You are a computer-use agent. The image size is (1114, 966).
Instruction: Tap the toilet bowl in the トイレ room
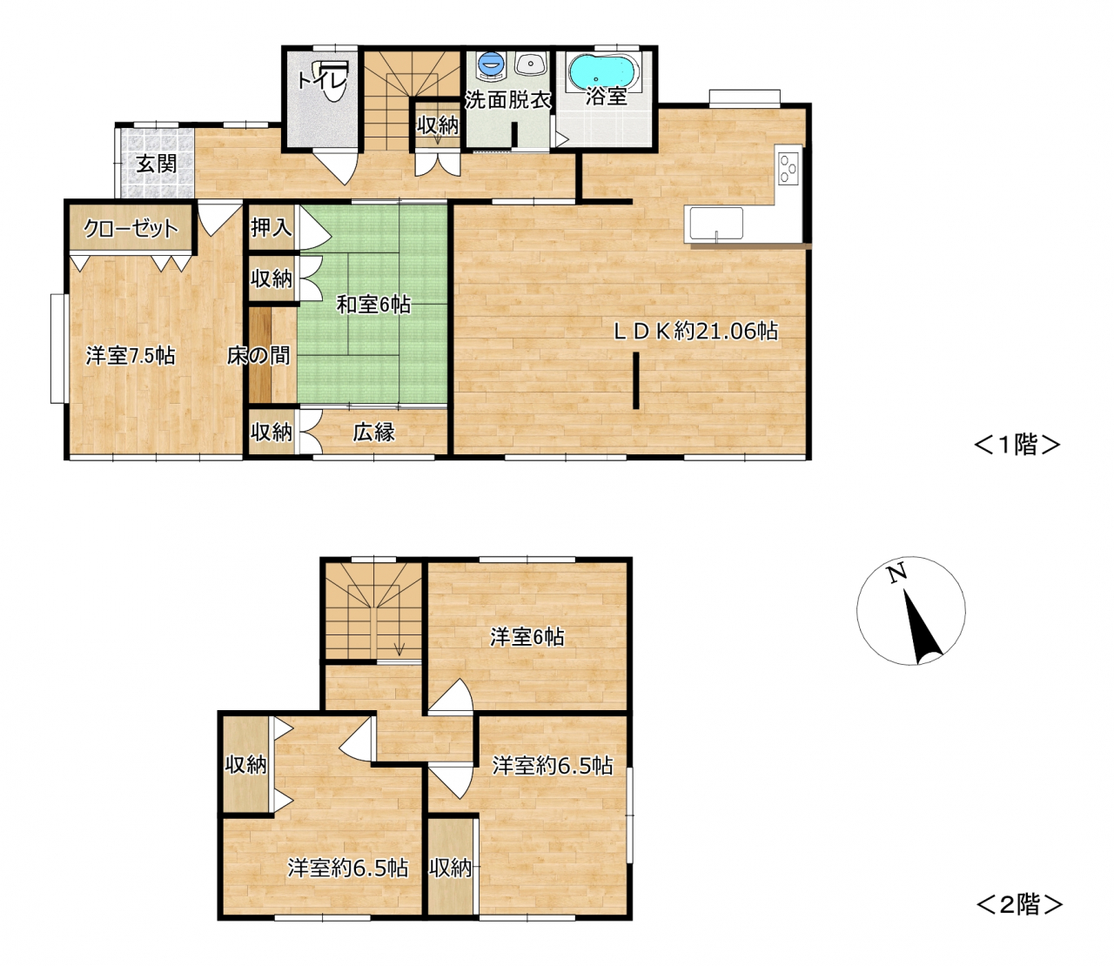pos(335,84)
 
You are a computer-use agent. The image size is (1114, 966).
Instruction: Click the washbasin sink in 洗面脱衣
pos(532,64)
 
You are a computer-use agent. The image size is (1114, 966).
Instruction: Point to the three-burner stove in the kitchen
pos(789,168)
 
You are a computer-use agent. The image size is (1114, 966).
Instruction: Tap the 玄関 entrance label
pos(156,163)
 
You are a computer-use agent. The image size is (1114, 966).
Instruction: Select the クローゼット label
pos(131,228)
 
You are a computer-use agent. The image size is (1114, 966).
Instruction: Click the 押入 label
pos(271,227)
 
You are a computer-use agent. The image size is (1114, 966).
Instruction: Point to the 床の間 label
pos(258,355)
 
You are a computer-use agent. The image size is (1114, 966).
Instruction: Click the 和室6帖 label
pos(373,305)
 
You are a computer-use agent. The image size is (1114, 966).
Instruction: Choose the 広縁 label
pos(373,432)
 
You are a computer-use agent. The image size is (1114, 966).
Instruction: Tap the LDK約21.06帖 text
pos(696,331)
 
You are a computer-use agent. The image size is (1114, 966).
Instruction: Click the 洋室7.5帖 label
pos(131,356)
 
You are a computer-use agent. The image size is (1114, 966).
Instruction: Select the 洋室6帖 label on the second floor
pos(527,637)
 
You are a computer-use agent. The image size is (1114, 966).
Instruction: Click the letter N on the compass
pos(896,573)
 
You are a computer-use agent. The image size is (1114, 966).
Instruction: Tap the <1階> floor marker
pos(1017,445)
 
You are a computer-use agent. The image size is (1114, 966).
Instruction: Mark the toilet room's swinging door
pos(337,166)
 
